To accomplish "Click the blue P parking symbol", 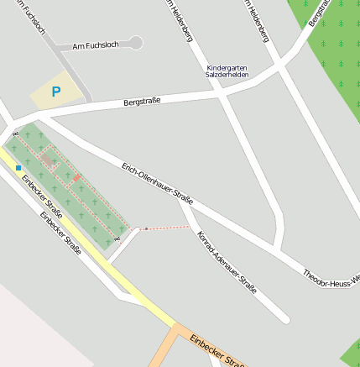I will click(x=55, y=92).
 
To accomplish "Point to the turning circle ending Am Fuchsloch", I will click(x=136, y=43).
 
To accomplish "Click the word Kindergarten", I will click(x=228, y=66).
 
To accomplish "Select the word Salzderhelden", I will click(x=228, y=75).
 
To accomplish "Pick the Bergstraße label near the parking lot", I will click(x=141, y=101).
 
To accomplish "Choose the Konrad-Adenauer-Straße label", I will click(x=226, y=261).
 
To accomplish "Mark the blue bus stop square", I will click(x=18, y=167).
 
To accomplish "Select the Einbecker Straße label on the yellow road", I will click(x=43, y=196).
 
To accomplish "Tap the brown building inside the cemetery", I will click(x=49, y=160).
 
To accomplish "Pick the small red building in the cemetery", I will click(x=76, y=178).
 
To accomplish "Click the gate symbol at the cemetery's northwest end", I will click(x=15, y=134).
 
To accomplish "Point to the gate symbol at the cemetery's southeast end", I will click(x=117, y=239).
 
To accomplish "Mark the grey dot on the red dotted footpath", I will click(x=146, y=228).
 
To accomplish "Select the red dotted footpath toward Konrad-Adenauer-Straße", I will click(x=168, y=227).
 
